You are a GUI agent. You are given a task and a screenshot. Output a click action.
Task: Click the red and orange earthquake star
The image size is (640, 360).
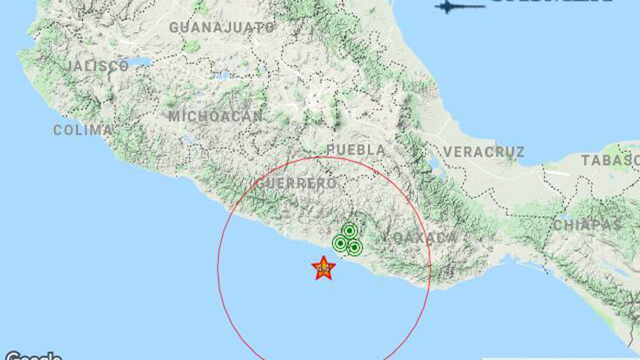[x=323, y=268]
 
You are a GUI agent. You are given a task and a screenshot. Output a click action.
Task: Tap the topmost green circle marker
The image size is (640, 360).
[x=349, y=231]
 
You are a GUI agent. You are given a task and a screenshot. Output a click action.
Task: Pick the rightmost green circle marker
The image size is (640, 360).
[x=355, y=247]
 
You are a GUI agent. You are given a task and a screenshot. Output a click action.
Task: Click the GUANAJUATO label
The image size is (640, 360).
[x=222, y=27]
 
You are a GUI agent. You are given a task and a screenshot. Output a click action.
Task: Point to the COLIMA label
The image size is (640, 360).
[x=83, y=130]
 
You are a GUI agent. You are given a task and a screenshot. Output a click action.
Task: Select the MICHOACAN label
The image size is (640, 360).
[x=216, y=117]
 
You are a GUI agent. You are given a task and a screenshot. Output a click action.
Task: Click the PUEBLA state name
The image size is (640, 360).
[x=356, y=150]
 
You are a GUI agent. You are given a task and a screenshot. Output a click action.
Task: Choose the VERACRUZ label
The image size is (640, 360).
[x=484, y=152]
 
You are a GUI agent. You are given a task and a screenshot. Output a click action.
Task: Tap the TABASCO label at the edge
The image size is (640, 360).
[x=610, y=160]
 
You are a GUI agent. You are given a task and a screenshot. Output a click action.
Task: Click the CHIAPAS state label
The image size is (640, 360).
[x=587, y=225]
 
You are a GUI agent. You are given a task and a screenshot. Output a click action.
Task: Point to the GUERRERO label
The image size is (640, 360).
[x=297, y=184]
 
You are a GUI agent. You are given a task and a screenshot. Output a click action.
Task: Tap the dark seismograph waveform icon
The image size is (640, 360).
[x=460, y=7]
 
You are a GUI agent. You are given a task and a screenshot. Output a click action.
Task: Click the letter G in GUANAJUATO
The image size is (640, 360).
[x=174, y=27]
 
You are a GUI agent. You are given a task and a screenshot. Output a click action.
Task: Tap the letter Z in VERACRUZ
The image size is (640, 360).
[x=519, y=152]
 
